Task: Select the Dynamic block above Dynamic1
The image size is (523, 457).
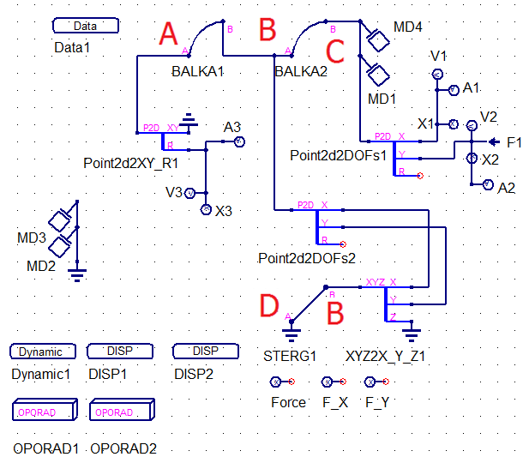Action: coord(40,352)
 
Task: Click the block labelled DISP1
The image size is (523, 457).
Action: coord(118,352)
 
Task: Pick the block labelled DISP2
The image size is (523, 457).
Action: coord(205,352)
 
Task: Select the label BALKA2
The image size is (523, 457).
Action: coord(301,72)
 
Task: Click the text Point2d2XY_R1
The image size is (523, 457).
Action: coord(130,162)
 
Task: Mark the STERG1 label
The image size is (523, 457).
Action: coord(290,355)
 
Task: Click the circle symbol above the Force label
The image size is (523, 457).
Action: coord(275,382)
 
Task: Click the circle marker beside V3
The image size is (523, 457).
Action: coord(190,192)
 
